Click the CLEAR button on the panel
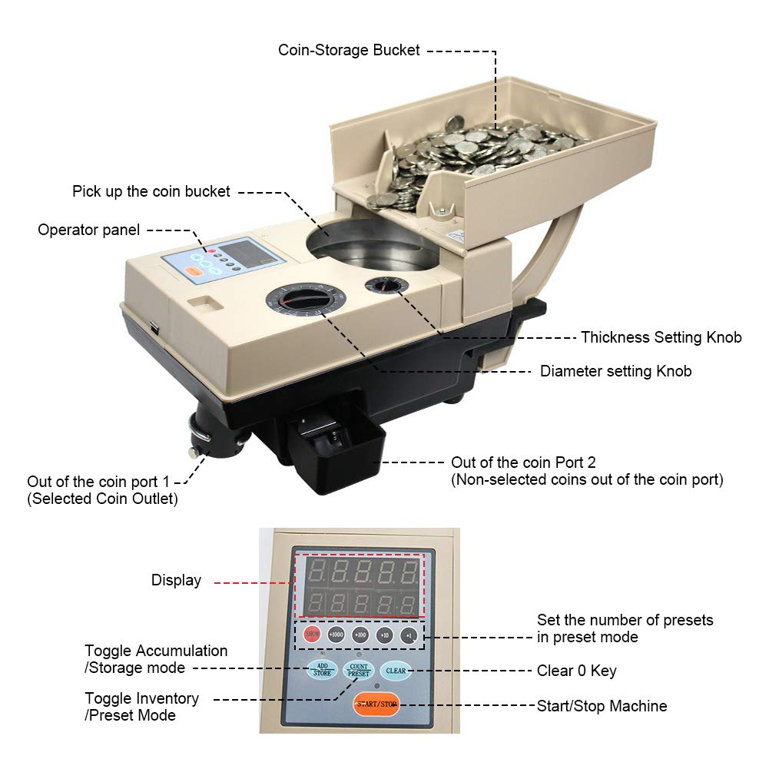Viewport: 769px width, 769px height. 396,670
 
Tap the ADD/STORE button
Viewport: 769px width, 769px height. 321,669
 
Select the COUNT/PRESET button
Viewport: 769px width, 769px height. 358,668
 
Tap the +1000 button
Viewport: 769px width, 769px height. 336,635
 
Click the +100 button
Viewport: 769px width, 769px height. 360,635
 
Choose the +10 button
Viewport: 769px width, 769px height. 385,635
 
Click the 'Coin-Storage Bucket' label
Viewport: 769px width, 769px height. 349,50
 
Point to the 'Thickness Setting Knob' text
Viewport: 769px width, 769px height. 661,337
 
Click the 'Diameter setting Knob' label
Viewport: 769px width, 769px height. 615,371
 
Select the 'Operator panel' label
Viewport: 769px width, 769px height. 89,230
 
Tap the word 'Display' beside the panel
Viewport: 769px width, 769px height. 176,581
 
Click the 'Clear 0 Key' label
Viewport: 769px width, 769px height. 576,671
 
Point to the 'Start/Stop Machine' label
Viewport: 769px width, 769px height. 602,705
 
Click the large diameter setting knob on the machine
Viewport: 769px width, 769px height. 302,300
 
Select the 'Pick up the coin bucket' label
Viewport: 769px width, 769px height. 151,191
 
